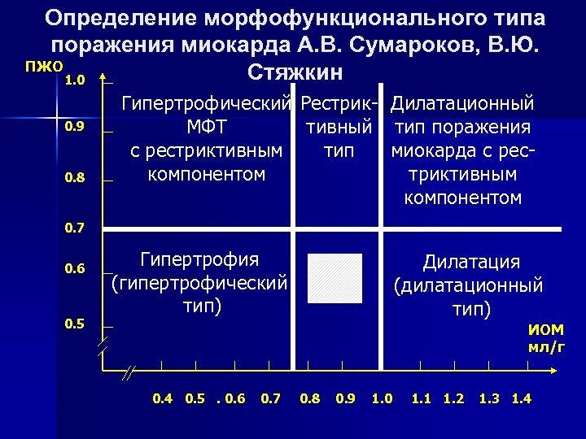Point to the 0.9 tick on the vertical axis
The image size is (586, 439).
pyautogui.click(x=76, y=127)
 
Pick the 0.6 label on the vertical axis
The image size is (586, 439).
pyautogui.click(x=76, y=268)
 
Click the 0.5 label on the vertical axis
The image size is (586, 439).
pyautogui.click(x=76, y=324)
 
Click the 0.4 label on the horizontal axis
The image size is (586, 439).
pyautogui.click(x=163, y=398)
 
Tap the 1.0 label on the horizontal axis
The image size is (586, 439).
pyautogui.click(x=382, y=398)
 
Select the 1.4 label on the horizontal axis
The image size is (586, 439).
pyautogui.click(x=521, y=398)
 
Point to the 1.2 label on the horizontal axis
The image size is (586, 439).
pyautogui.click(x=453, y=398)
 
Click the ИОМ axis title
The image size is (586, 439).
pyautogui.click(x=545, y=330)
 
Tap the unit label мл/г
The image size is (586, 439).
pyautogui.click(x=546, y=348)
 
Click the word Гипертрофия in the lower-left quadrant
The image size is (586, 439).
pyautogui.click(x=199, y=260)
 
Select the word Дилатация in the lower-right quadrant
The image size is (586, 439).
pyautogui.click(x=471, y=262)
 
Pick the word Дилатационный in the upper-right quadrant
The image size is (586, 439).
pyautogui.click(x=461, y=104)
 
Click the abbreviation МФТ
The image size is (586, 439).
pyautogui.click(x=207, y=128)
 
